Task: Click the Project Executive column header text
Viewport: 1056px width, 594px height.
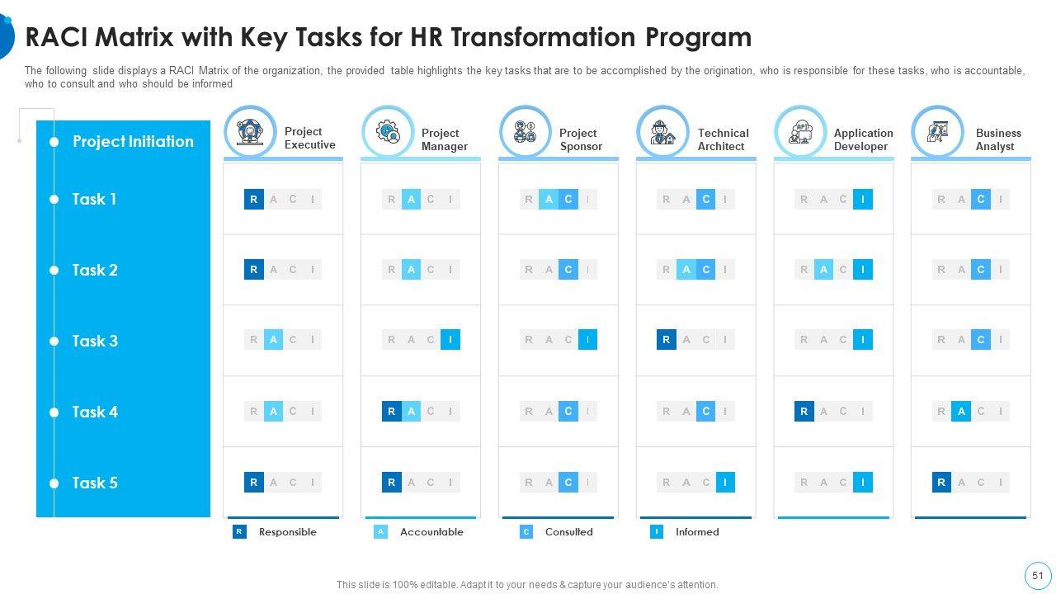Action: point(309,138)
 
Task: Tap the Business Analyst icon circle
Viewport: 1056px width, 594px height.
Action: point(937,131)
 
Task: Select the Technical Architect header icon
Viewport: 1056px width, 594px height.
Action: point(662,131)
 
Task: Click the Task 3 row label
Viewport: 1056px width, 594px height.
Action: point(94,341)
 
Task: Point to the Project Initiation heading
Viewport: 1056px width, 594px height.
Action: point(133,141)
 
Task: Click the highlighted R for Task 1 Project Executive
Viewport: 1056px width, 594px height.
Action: point(254,199)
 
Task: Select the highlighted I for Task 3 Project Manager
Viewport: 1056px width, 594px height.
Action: point(450,339)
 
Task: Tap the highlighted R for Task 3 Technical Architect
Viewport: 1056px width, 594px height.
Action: point(667,339)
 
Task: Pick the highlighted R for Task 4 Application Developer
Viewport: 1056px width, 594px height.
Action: point(804,411)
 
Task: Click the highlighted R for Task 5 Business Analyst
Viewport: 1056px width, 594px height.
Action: point(941,482)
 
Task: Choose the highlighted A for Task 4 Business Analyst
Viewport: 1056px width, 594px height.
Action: point(961,411)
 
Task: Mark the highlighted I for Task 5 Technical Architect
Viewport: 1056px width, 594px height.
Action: point(725,482)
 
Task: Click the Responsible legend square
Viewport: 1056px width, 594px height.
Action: point(239,532)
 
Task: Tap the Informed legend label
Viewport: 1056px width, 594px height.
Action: point(697,532)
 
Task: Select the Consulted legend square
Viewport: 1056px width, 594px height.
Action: point(526,532)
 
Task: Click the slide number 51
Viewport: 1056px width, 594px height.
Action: point(1037,576)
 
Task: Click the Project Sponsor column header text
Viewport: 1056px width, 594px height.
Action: point(580,139)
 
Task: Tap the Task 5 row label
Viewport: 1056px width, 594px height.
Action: point(94,483)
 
